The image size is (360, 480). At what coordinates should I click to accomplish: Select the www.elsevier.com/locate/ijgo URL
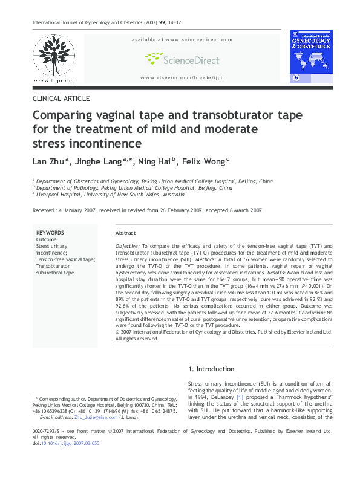point(182,78)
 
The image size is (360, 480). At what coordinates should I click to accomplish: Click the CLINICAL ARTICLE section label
point(61,99)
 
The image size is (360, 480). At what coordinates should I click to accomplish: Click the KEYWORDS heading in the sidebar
point(50,232)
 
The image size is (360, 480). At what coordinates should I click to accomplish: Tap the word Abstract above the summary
point(125,233)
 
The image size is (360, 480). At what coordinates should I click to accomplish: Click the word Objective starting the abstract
point(128,247)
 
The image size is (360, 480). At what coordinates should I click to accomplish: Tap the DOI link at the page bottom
point(70,460)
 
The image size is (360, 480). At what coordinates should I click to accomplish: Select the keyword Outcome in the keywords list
point(47,239)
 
